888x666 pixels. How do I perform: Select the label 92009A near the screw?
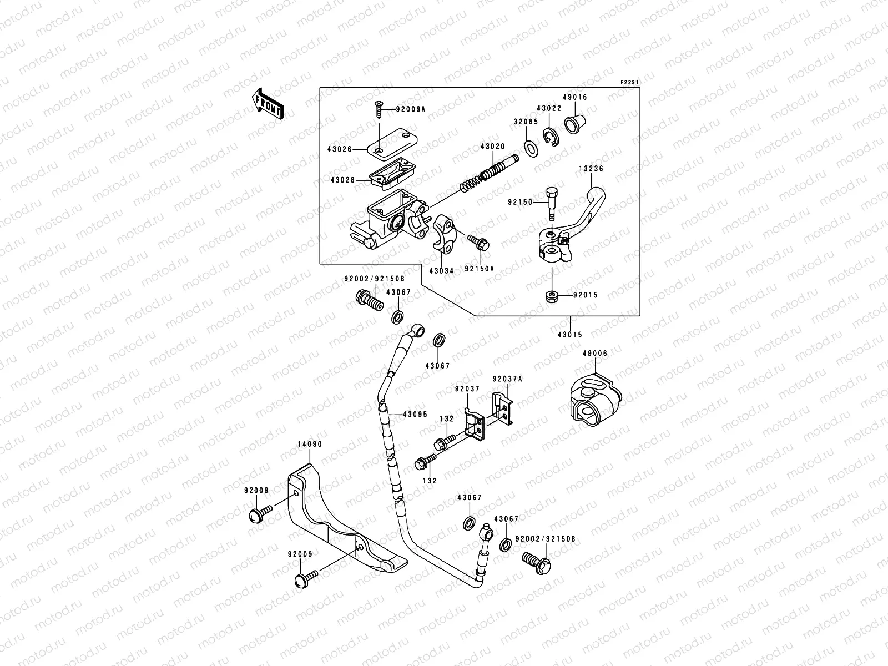click(410, 109)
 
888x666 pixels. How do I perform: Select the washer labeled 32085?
click(530, 148)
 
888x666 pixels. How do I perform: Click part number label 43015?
click(571, 335)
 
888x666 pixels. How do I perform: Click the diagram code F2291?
click(629, 83)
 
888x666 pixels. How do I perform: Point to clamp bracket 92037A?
click(503, 407)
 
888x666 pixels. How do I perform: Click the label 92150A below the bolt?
click(479, 269)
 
